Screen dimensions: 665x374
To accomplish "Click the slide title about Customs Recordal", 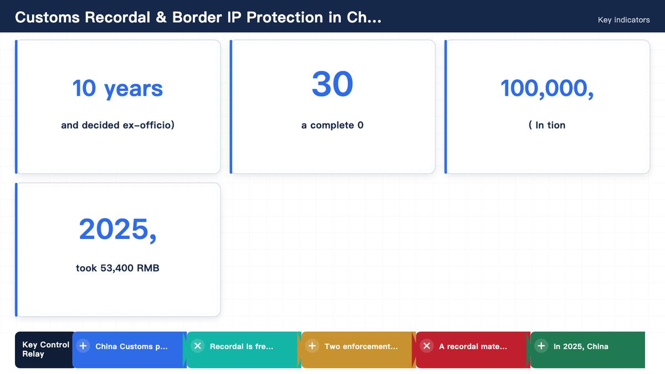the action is point(198,17).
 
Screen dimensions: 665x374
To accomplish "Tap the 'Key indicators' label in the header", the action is point(624,20).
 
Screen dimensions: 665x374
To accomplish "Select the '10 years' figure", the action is point(117,89).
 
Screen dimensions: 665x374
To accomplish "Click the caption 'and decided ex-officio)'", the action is point(117,125).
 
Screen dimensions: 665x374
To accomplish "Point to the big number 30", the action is point(332,84).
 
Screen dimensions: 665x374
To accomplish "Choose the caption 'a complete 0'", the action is point(332,125).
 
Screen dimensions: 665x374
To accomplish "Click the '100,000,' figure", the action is point(547,89).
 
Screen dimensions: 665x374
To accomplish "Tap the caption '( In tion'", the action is point(547,125).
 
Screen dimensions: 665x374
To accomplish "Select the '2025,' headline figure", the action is point(117,229).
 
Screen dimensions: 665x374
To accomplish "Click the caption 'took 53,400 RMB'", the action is point(117,268).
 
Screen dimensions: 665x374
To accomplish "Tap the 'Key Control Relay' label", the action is point(45,349).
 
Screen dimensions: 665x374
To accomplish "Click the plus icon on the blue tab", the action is point(83,346).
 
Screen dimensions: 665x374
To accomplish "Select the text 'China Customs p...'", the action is point(131,346).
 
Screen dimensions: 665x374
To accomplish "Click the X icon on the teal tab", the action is point(197,346).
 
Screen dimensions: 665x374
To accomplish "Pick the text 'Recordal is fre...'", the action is point(242,346).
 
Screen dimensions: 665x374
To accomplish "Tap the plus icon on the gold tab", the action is point(312,346).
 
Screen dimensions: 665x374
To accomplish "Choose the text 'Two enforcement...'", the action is point(361,346).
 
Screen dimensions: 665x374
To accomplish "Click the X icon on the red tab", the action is point(427,346).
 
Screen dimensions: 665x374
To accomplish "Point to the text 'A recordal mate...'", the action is point(473,346).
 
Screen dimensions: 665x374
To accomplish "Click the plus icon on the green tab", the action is point(541,346).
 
